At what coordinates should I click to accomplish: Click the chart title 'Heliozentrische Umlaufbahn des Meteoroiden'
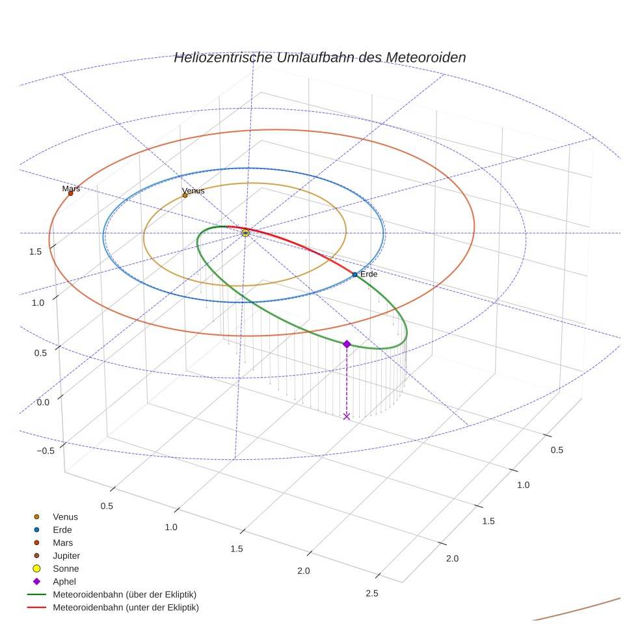click(x=319, y=57)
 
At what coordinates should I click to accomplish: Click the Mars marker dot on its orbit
click(x=71, y=193)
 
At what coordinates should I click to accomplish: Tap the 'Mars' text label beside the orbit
click(x=71, y=189)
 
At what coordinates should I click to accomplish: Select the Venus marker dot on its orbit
click(x=185, y=195)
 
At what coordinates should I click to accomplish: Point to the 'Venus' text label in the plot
click(x=193, y=191)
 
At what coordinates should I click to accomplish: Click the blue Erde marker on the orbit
click(x=354, y=274)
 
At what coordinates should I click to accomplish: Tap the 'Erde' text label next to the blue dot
click(x=369, y=274)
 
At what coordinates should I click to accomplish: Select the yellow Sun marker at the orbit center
click(x=245, y=233)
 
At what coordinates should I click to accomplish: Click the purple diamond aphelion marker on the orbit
click(x=347, y=344)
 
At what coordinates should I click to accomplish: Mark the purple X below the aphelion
click(x=347, y=416)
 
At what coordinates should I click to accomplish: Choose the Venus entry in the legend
click(x=65, y=517)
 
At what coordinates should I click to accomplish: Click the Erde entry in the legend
click(x=62, y=530)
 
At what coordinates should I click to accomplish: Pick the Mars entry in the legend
click(x=62, y=543)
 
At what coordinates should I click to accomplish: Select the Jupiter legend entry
click(x=66, y=556)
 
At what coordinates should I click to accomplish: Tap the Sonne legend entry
click(x=66, y=569)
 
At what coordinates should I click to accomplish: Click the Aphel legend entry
click(x=65, y=581)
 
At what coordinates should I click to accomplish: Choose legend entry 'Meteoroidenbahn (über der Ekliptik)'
click(x=124, y=594)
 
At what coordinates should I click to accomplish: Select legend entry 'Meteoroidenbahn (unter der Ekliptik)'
click(x=126, y=607)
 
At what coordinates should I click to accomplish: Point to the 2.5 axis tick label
click(x=372, y=593)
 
